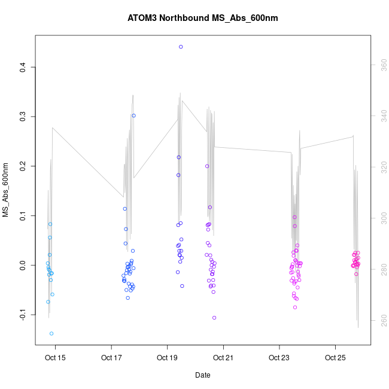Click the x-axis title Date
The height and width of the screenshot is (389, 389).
tap(202, 375)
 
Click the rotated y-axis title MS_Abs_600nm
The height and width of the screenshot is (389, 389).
tap(7, 190)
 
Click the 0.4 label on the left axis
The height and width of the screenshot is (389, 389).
tap(23, 67)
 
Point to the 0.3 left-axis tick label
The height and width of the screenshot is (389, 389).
tap(23, 116)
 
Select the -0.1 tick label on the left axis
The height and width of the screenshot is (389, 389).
tap(23, 314)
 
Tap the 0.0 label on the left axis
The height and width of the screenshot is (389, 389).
tap(23, 265)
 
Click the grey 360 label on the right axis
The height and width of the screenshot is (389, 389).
tap(381, 63)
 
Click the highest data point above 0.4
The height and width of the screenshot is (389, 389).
tap(181, 47)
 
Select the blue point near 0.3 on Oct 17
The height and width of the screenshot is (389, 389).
tap(134, 116)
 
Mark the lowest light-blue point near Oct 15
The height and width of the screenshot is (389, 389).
tap(51, 333)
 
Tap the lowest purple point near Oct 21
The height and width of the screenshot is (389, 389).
tap(214, 318)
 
